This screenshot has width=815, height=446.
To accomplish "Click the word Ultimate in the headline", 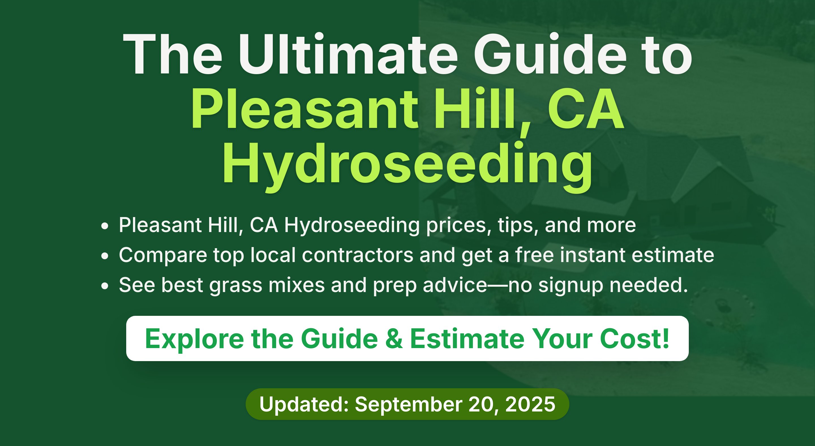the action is (x=348, y=54).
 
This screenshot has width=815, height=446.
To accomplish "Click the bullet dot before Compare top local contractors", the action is (x=105, y=256).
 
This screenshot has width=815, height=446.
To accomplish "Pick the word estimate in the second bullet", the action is (x=673, y=255).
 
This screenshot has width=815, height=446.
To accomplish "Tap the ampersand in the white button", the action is (x=394, y=339).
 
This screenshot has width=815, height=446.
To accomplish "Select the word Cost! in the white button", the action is (x=634, y=339).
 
